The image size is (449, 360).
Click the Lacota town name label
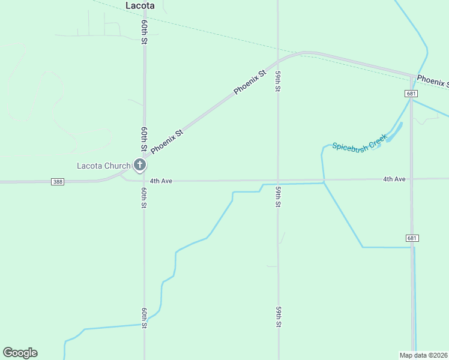pyautogui.click(x=140, y=5)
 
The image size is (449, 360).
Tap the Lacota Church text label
pyautogui.click(x=103, y=166)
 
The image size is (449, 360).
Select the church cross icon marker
pyautogui.click(x=140, y=164)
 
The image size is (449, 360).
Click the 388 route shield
pyautogui.click(x=58, y=182)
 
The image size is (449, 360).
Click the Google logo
pyautogui.click(x=20, y=353)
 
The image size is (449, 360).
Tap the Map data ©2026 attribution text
pyautogui.click(x=424, y=355)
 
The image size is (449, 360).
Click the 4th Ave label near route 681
pyautogui.click(x=394, y=179)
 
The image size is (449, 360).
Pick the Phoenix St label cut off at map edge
pyautogui.click(x=432, y=80)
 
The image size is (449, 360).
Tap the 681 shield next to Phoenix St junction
pyautogui.click(x=411, y=94)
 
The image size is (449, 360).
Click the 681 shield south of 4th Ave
pyautogui.click(x=412, y=238)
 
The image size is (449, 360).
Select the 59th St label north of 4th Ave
pyautogui.click(x=278, y=82)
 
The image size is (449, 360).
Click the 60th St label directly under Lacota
pyautogui.click(x=145, y=32)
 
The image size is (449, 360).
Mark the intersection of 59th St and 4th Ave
pyautogui.click(x=278, y=180)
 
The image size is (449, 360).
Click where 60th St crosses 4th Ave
pyautogui.click(x=144, y=180)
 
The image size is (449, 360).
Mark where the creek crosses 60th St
pyautogui.click(x=144, y=325)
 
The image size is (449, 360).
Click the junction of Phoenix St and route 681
pyautogui.click(x=412, y=76)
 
